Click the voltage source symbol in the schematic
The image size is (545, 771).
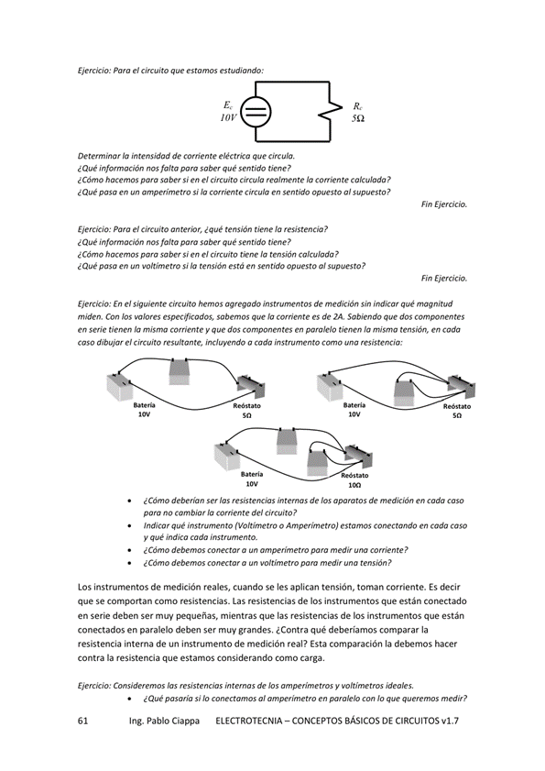pyautogui.click(x=256, y=111)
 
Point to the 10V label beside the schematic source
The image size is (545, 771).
pyautogui.click(x=228, y=117)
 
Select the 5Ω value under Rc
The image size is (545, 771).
pyautogui.click(x=358, y=118)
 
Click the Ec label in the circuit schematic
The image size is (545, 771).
pyautogui.click(x=228, y=105)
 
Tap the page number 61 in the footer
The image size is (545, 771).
pyautogui.click(x=82, y=721)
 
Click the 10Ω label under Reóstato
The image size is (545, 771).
pyautogui.click(x=354, y=485)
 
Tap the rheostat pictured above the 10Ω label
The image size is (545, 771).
pyautogui.click(x=359, y=456)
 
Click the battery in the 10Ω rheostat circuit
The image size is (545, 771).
pyautogui.click(x=227, y=456)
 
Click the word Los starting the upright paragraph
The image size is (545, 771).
pyautogui.click(x=84, y=587)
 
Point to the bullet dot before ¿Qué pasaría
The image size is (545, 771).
pyautogui.click(x=129, y=699)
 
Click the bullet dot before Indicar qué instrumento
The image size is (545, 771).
pyautogui.click(x=129, y=525)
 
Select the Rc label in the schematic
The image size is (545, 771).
pyautogui.click(x=358, y=105)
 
